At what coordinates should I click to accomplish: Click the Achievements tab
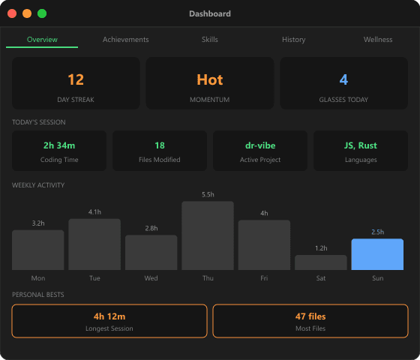point(125,39)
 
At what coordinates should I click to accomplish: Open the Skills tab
point(210,39)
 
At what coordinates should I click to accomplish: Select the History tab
point(293,39)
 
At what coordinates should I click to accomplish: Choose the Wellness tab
point(378,39)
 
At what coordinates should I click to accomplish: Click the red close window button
point(12,13)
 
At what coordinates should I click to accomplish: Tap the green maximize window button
point(42,13)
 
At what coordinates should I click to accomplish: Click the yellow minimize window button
point(27,13)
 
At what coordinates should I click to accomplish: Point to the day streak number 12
point(76,79)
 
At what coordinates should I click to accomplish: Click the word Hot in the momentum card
point(210,79)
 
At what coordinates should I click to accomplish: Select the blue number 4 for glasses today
point(343,79)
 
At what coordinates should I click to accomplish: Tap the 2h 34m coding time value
point(59,145)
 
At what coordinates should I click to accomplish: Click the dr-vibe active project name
point(259,145)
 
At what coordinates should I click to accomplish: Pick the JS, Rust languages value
point(361,145)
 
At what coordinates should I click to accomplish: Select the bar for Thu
point(208,235)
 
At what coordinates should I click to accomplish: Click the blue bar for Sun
point(377,254)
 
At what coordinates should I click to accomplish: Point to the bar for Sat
point(321,262)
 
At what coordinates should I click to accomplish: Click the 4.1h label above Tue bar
point(94,212)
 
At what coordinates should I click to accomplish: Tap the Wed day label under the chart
point(151,278)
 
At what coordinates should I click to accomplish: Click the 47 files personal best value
point(310,316)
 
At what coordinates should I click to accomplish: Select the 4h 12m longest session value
point(109,316)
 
